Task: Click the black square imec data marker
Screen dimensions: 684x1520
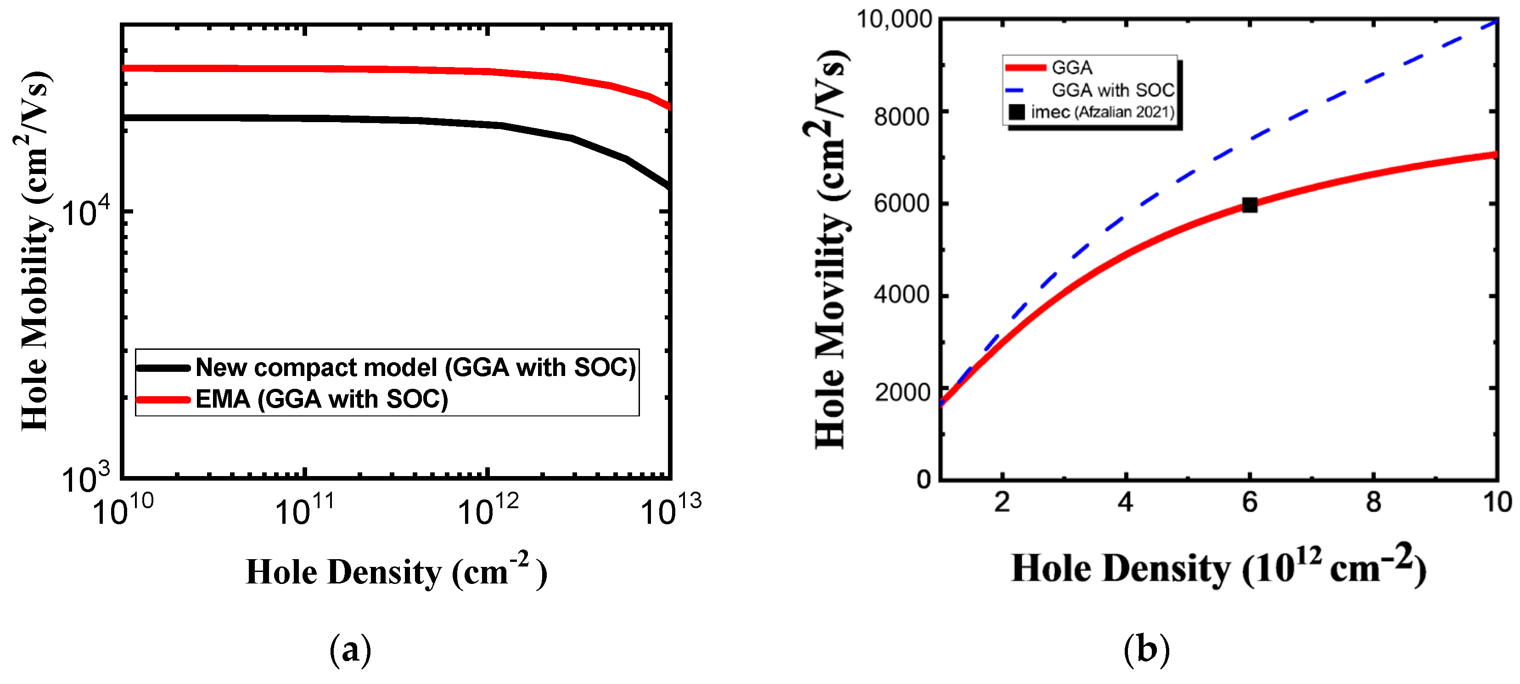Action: click(1249, 205)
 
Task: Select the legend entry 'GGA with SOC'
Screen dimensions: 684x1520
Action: click(1112, 90)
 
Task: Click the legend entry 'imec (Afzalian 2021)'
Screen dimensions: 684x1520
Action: click(1102, 112)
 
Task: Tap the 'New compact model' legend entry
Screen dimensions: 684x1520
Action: click(415, 367)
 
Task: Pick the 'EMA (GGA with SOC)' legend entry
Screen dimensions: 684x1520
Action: click(322, 399)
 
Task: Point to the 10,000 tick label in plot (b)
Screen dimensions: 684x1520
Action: click(893, 19)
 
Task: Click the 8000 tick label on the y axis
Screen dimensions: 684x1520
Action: click(902, 116)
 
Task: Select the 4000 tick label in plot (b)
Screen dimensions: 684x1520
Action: click(902, 295)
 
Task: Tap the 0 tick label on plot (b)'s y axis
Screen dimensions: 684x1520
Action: click(924, 479)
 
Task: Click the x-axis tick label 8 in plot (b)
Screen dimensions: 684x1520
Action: click(1373, 502)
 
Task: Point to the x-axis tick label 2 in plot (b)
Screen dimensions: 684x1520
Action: click(1002, 502)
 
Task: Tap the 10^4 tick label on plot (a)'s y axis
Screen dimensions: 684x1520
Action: click(85, 213)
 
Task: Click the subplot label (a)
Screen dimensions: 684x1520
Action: click(350, 650)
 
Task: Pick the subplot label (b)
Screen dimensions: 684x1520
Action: click(1146, 650)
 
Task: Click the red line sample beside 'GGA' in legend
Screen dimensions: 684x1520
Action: click(1025, 68)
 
